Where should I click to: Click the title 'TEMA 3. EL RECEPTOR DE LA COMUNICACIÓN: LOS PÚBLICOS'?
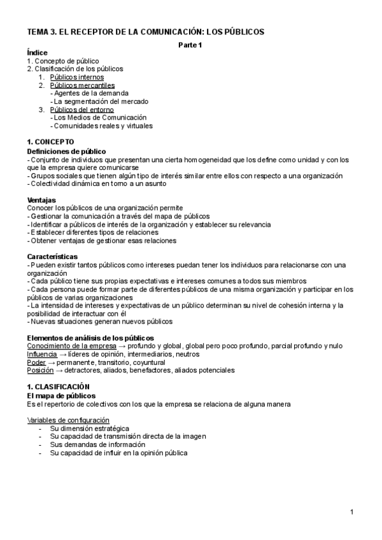pyautogui.click(x=145, y=31)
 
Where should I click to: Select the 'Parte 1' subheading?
pyautogui.click(x=189, y=44)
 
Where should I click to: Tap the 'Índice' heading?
pyautogui.click(x=38, y=52)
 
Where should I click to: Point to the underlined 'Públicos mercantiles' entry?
pyautogui.click(x=82, y=85)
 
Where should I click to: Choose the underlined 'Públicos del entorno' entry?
pyautogui.click(x=81, y=110)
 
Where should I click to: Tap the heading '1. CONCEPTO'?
pyautogui.click(x=50, y=142)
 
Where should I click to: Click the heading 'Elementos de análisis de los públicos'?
pyautogui.click(x=90, y=337)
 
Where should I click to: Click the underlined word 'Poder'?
pyautogui.click(x=36, y=362)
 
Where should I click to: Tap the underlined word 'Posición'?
pyautogui.click(x=39, y=370)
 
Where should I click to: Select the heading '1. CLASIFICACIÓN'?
pyautogui.click(x=58, y=387)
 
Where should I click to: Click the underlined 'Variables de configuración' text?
pyautogui.click(x=68, y=420)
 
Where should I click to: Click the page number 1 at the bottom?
pyautogui.click(x=351, y=512)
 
